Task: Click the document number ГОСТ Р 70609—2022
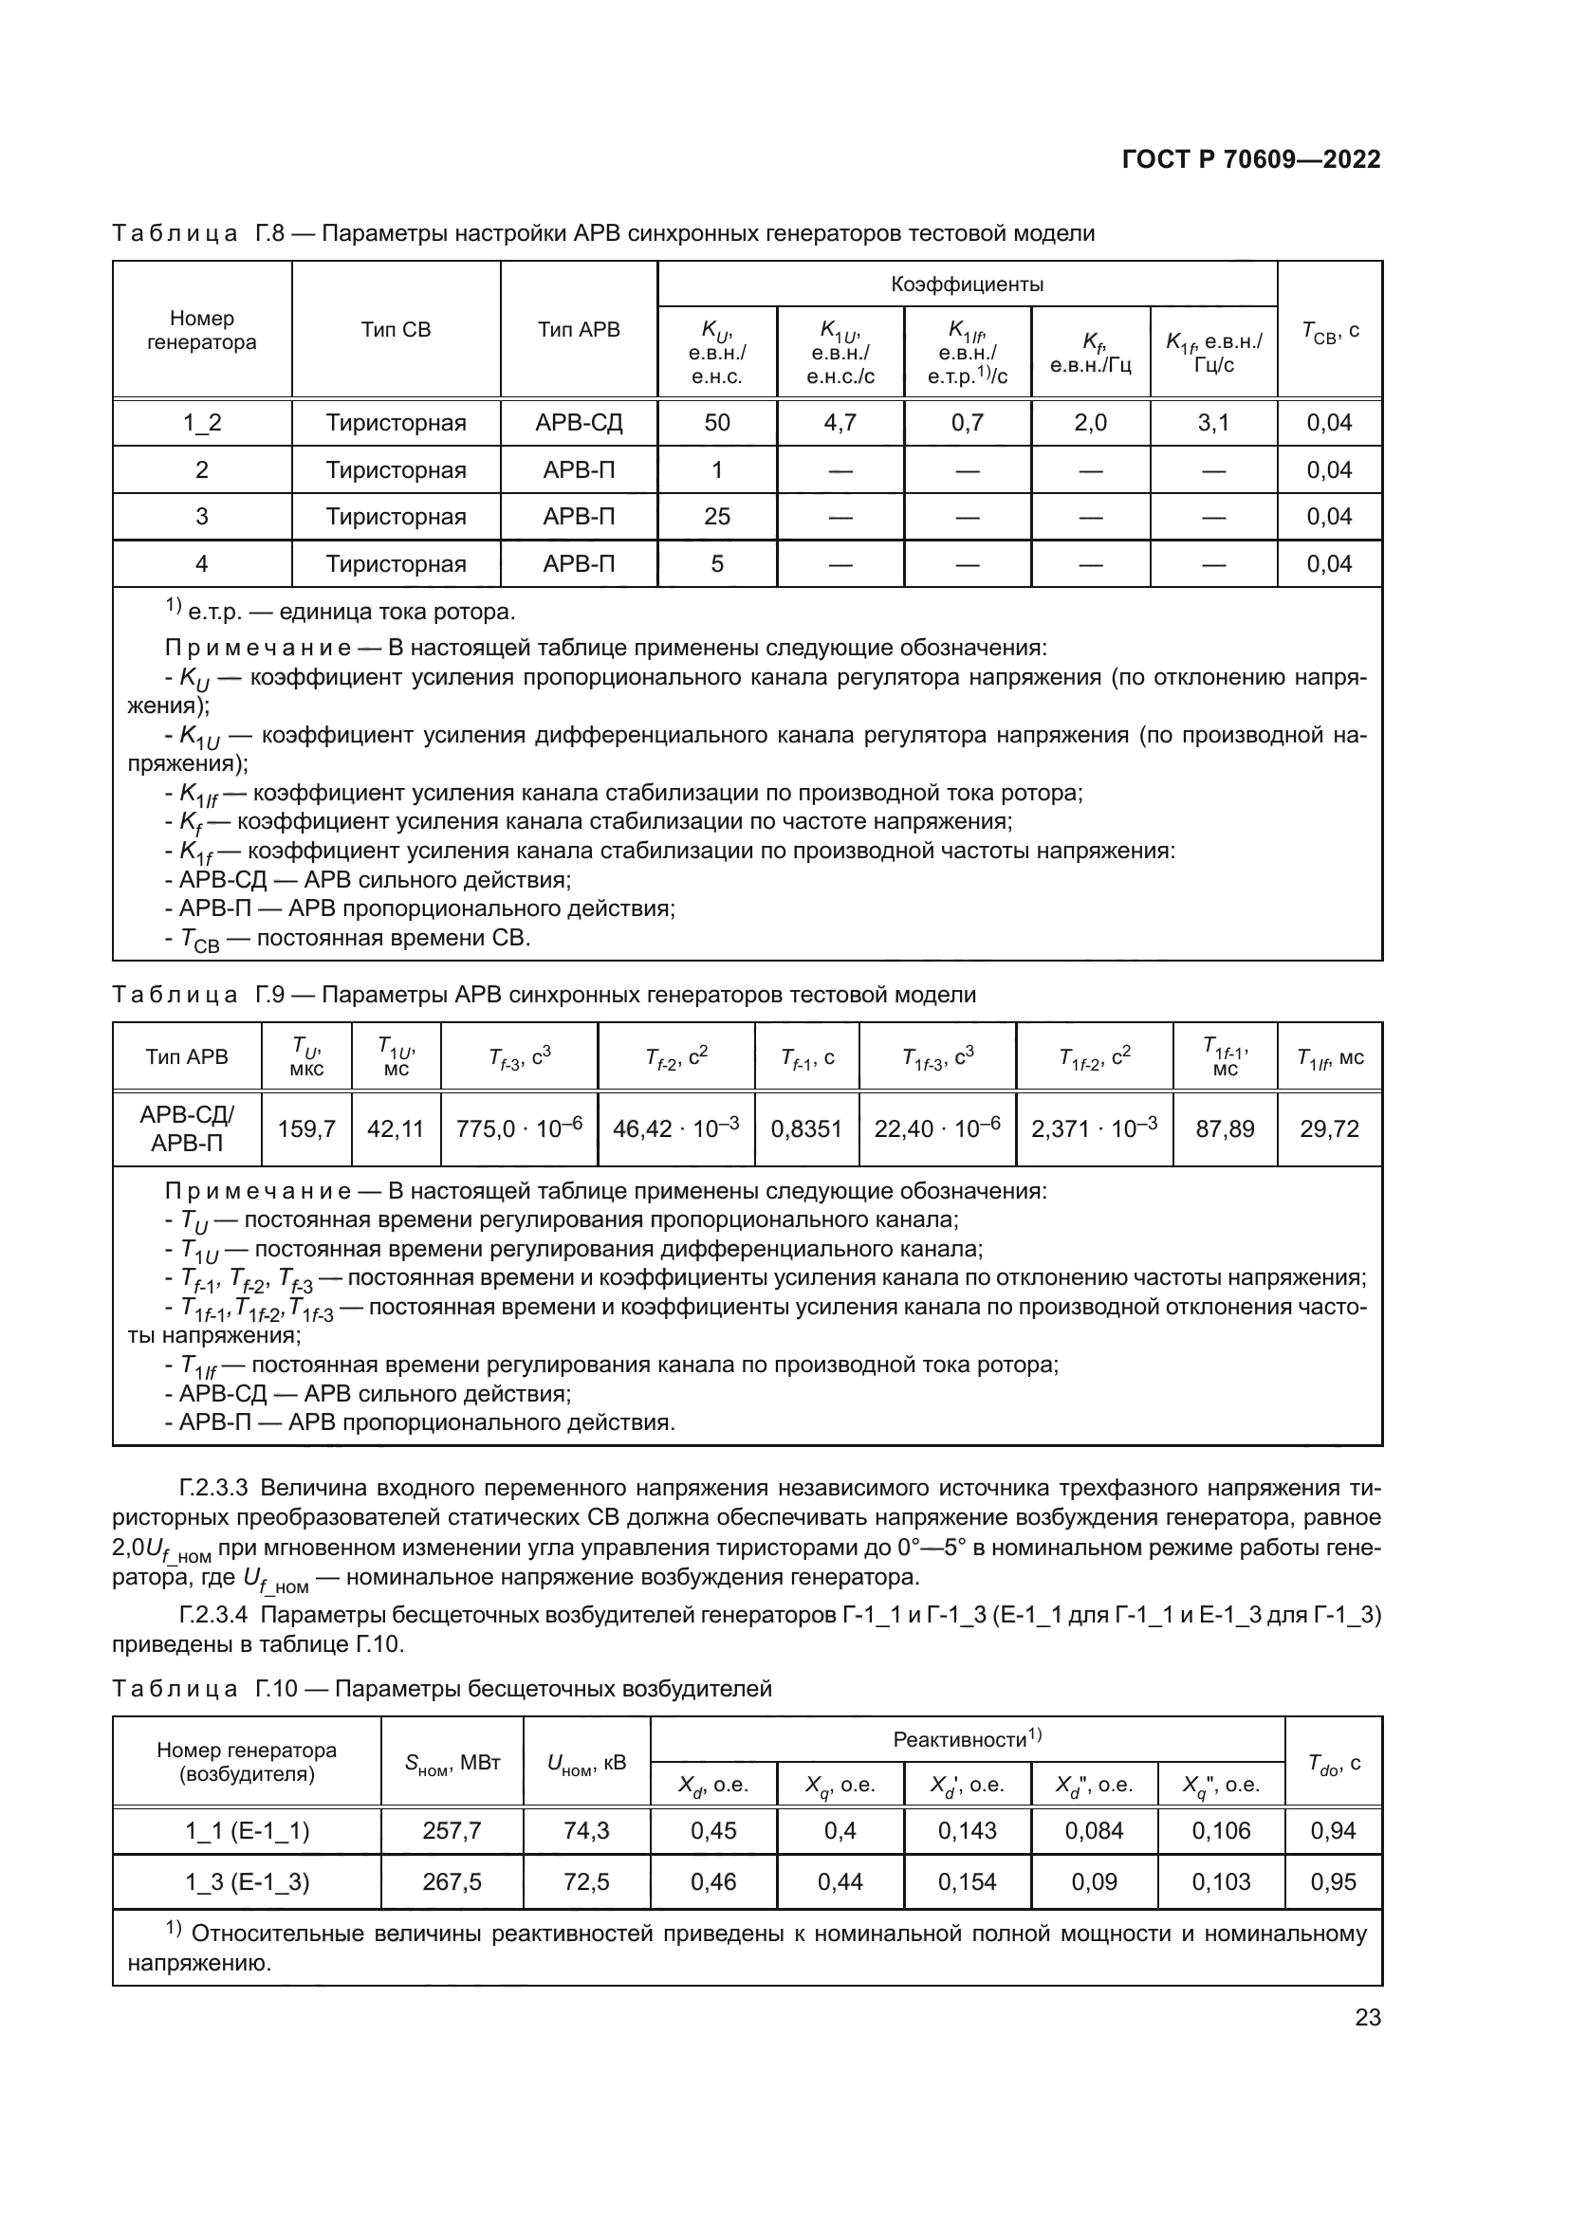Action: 1251,159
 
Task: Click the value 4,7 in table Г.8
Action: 840,422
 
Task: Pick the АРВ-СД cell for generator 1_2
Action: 579,422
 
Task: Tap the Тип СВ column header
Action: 397,329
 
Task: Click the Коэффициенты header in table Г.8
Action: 966,284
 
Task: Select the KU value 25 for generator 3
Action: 717,516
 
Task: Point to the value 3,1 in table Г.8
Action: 1213,422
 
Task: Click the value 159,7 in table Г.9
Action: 306,1128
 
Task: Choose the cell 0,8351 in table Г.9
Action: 805,1128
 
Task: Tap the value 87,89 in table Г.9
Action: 1224,1128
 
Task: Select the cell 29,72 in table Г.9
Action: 1329,1128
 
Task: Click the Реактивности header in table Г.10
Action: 966,1739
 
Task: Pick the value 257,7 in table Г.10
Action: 452,1829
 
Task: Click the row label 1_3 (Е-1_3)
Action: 248,1880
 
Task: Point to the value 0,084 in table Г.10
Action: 1094,1829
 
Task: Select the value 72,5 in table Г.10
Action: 586,1880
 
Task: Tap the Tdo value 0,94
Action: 1333,1829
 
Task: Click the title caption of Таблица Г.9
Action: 544,994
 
